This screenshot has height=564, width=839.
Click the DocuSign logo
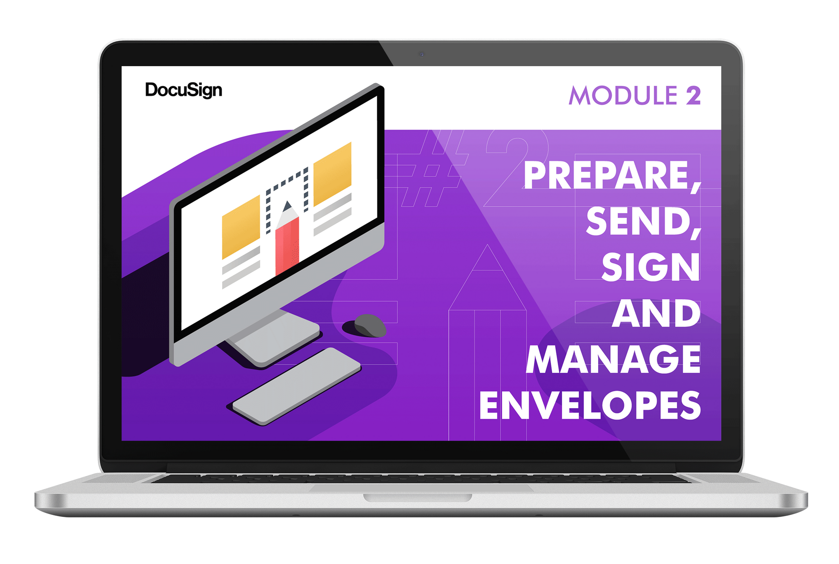coord(183,90)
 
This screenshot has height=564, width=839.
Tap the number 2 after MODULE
coord(693,95)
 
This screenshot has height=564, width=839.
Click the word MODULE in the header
coord(623,95)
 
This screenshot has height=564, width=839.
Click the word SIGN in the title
coord(651,267)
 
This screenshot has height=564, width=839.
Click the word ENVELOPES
coord(590,405)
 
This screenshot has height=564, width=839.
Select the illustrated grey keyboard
coord(297,386)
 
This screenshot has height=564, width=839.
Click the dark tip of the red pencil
coord(288,206)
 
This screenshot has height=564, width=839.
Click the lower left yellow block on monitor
coord(241,227)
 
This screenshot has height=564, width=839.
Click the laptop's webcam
coord(421,54)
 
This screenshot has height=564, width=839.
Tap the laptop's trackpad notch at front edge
coord(418,498)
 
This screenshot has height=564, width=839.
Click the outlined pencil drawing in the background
coord(488,343)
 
